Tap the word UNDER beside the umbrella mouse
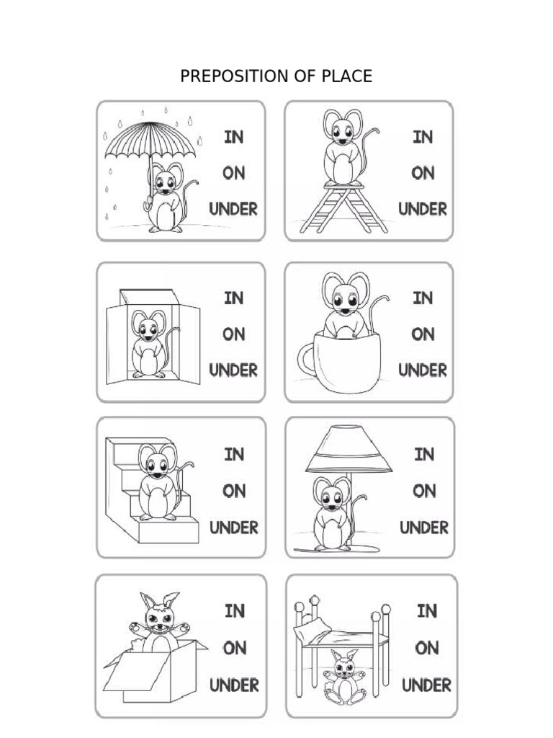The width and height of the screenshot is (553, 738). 233,209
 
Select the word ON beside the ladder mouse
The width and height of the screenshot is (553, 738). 423,173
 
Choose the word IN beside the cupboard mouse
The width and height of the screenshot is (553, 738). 234,298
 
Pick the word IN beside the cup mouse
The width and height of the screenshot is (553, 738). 423,298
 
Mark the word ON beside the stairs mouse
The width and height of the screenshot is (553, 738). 234,492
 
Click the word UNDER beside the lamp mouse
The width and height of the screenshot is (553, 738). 424,528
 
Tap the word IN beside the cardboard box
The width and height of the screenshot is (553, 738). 235,611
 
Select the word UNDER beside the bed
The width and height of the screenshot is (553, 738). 426,685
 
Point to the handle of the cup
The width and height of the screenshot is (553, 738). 305,360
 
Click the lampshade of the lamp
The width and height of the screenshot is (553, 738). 349,450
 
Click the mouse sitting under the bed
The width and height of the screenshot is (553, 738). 345,677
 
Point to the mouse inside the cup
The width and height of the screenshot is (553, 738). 349,305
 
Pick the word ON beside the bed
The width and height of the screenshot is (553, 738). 427,648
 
